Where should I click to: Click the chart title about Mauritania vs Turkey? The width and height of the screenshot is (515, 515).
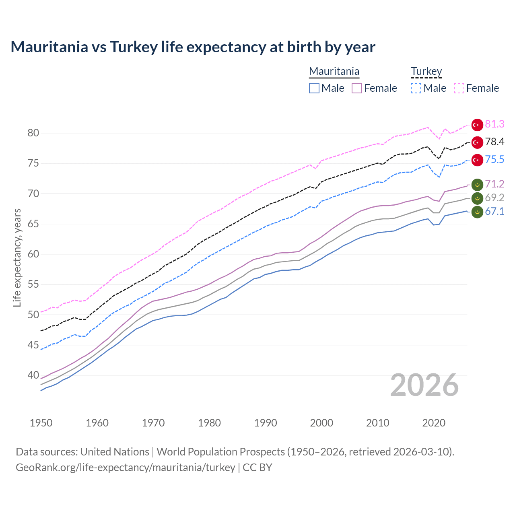pyautogui.click(x=193, y=47)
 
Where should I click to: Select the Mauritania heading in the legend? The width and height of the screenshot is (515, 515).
pyautogui.click(x=334, y=71)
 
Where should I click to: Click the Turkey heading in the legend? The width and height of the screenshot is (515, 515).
pyautogui.click(x=426, y=71)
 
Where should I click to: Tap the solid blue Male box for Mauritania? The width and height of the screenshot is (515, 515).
pyautogui.click(x=314, y=88)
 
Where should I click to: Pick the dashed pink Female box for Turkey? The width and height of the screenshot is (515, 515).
pyautogui.click(x=459, y=88)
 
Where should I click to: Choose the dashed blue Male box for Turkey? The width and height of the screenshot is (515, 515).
pyautogui.click(x=416, y=88)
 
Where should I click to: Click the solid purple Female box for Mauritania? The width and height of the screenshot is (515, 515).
pyautogui.click(x=357, y=88)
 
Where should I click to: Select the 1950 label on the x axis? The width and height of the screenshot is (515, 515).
pyautogui.click(x=41, y=423)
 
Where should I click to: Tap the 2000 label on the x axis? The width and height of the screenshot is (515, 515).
pyautogui.click(x=321, y=423)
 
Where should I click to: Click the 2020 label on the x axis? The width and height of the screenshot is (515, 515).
pyautogui.click(x=434, y=423)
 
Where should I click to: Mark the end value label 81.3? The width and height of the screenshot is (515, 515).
pyautogui.click(x=494, y=124)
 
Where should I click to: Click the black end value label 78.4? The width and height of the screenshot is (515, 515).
pyautogui.click(x=494, y=142)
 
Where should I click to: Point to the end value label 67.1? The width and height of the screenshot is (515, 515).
pyautogui.click(x=494, y=212)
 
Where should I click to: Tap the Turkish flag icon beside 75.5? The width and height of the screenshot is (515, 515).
pyautogui.click(x=477, y=160)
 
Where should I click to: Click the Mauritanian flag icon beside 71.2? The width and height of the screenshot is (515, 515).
pyautogui.click(x=477, y=184)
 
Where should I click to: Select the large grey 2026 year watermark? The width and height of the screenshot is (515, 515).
pyautogui.click(x=424, y=385)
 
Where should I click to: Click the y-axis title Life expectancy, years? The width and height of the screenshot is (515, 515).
pyautogui.click(x=17, y=257)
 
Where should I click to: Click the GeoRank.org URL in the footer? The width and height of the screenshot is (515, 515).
pyautogui.click(x=125, y=468)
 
